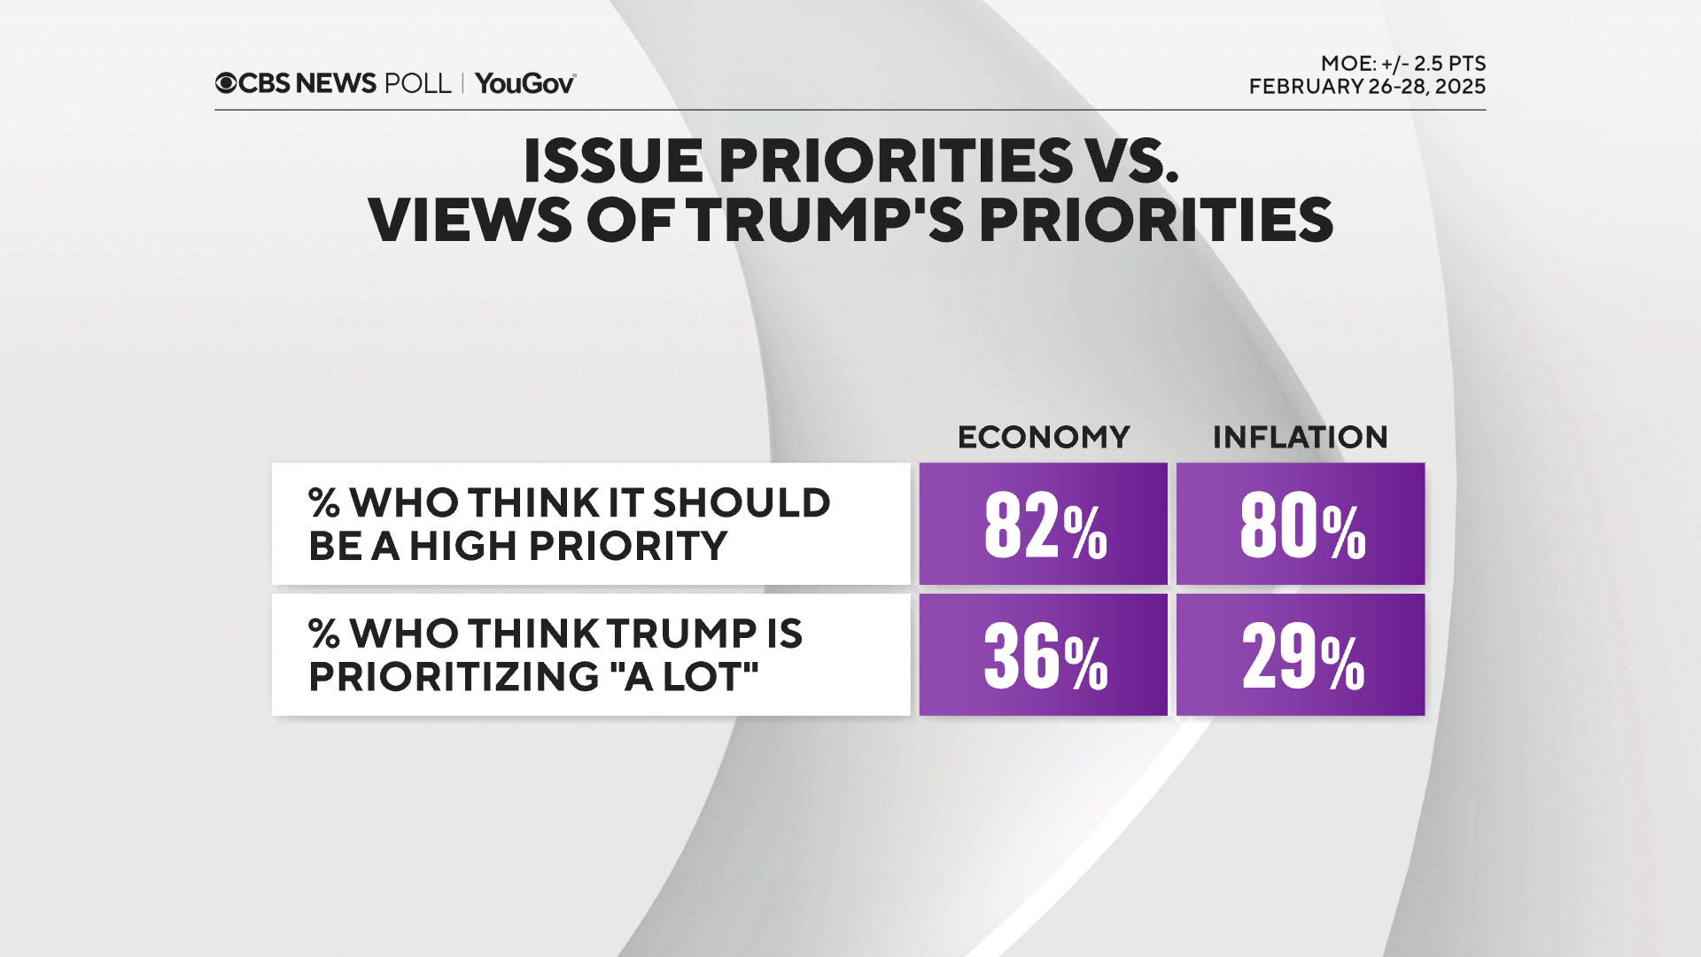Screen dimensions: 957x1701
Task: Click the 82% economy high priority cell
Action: pyautogui.click(x=1044, y=525)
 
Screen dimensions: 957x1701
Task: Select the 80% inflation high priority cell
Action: pyautogui.click(x=1301, y=525)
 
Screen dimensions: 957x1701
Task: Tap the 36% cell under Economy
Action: pyautogui.click(x=1044, y=656)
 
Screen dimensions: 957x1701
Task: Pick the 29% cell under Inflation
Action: pyautogui.click(x=1301, y=656)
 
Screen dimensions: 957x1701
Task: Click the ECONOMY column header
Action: pyautogui.click(x=1044, y=437)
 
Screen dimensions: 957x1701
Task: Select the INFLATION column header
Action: pyautogui.click(x=1300, y=437)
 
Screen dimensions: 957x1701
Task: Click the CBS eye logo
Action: pyautogui.click(x=226, y=83)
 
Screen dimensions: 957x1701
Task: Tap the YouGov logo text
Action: pyautogui.click(x=524, y=83)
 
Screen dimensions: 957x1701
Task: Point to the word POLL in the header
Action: pyautogui.click(x=418, y=83)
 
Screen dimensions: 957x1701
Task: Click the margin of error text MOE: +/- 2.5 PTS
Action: pyautogui.click(x=1402, y=64)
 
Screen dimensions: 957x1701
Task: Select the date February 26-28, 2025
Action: pyautogui.click(x=1367, y=87)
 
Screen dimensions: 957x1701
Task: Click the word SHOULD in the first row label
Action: pyautogui.click(x=742, y=503)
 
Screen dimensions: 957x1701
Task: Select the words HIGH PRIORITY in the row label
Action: pyautogui.click(x=568, y=546)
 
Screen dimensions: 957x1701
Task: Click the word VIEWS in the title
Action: pyautogui.click(x=470, y=220)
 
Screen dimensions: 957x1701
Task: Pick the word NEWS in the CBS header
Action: pyautogui.click(x=336, y=83)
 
